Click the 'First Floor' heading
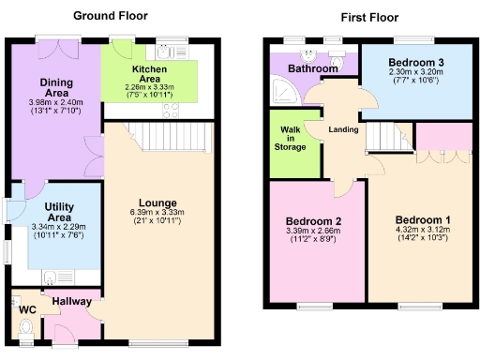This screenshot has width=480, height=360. click(370, 17)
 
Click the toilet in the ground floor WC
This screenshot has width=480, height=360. click(24, 327)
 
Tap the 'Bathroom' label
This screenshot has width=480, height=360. click(312, 69)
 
